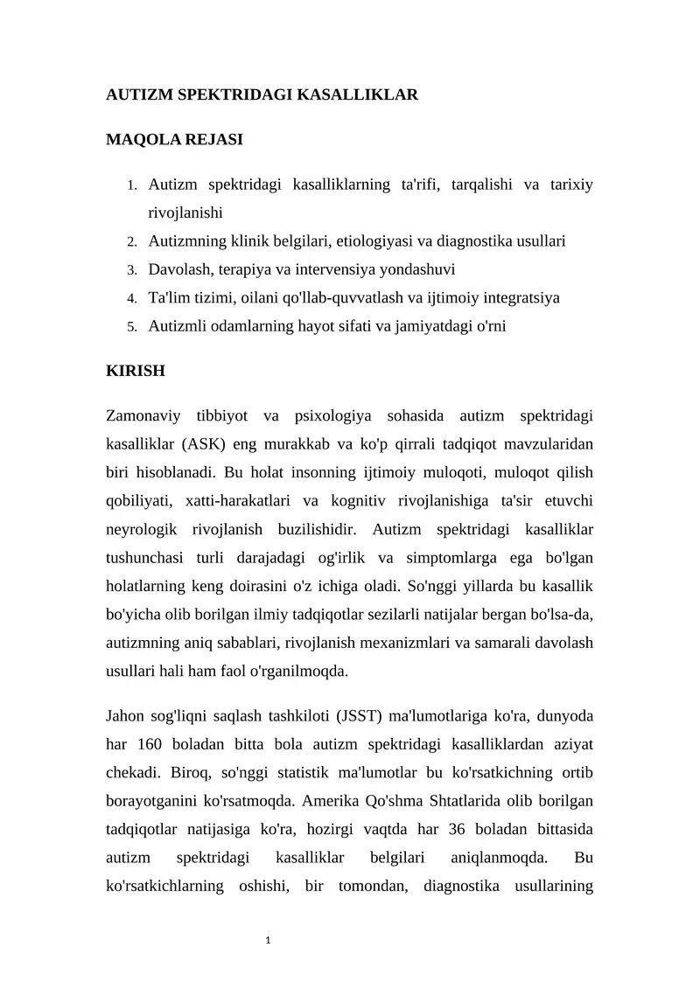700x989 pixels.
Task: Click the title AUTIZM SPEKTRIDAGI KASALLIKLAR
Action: pyautogui.click(x=262, y=94)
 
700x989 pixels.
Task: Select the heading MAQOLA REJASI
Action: pyautogui.click(x=174, y=139)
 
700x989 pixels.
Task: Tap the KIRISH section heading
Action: pyautogui.click(x=135, y=371)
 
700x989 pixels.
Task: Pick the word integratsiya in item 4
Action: pyautogui.click(x=517, y=298)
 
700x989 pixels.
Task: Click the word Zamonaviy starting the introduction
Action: pyautogui.click(x=144, y=414)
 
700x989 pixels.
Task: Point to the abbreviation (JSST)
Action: pyautogui.click(x=355, y=716)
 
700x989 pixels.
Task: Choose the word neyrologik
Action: pyautogui.click(x=143, y=529)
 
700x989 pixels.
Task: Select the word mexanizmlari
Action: pyautogui.click(x=426, y=643)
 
